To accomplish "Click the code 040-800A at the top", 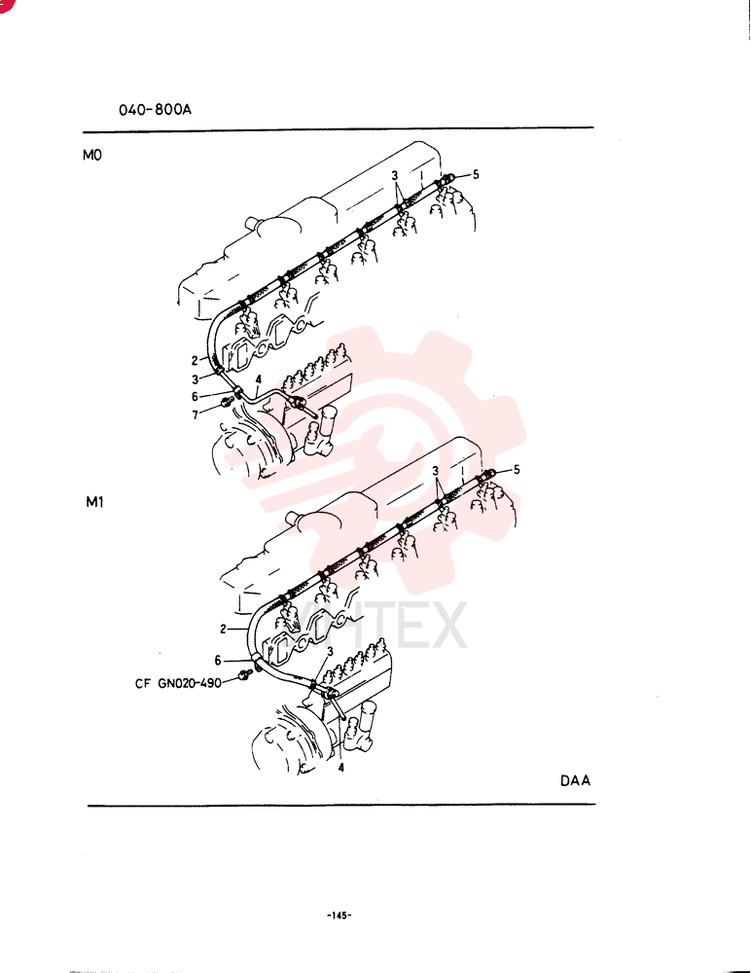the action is (156, 110).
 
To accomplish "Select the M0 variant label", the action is (91, 155).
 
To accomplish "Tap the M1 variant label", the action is (94, 501).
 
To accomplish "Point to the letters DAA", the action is (575, 780).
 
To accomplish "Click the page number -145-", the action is (339, 916).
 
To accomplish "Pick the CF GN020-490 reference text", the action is (178, 683).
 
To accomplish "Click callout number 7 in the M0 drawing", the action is (195, 415).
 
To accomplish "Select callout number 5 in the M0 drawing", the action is (476, 174).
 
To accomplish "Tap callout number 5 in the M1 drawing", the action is (517, 470).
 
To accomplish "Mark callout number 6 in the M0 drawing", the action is (195, 397).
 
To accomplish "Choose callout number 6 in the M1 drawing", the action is (218, 661).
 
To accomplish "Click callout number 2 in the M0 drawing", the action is (195, 361).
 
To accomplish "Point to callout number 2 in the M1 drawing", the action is (224, 630).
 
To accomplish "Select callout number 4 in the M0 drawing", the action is (258, 379).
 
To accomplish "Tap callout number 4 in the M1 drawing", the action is (340, 769).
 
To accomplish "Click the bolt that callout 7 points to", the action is (227, 404).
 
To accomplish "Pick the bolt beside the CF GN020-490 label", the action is (245, 674).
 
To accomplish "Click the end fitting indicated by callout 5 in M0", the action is (447, 180).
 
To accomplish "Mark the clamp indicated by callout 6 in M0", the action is (238, 392).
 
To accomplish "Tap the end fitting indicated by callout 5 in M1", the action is (487, 476).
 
